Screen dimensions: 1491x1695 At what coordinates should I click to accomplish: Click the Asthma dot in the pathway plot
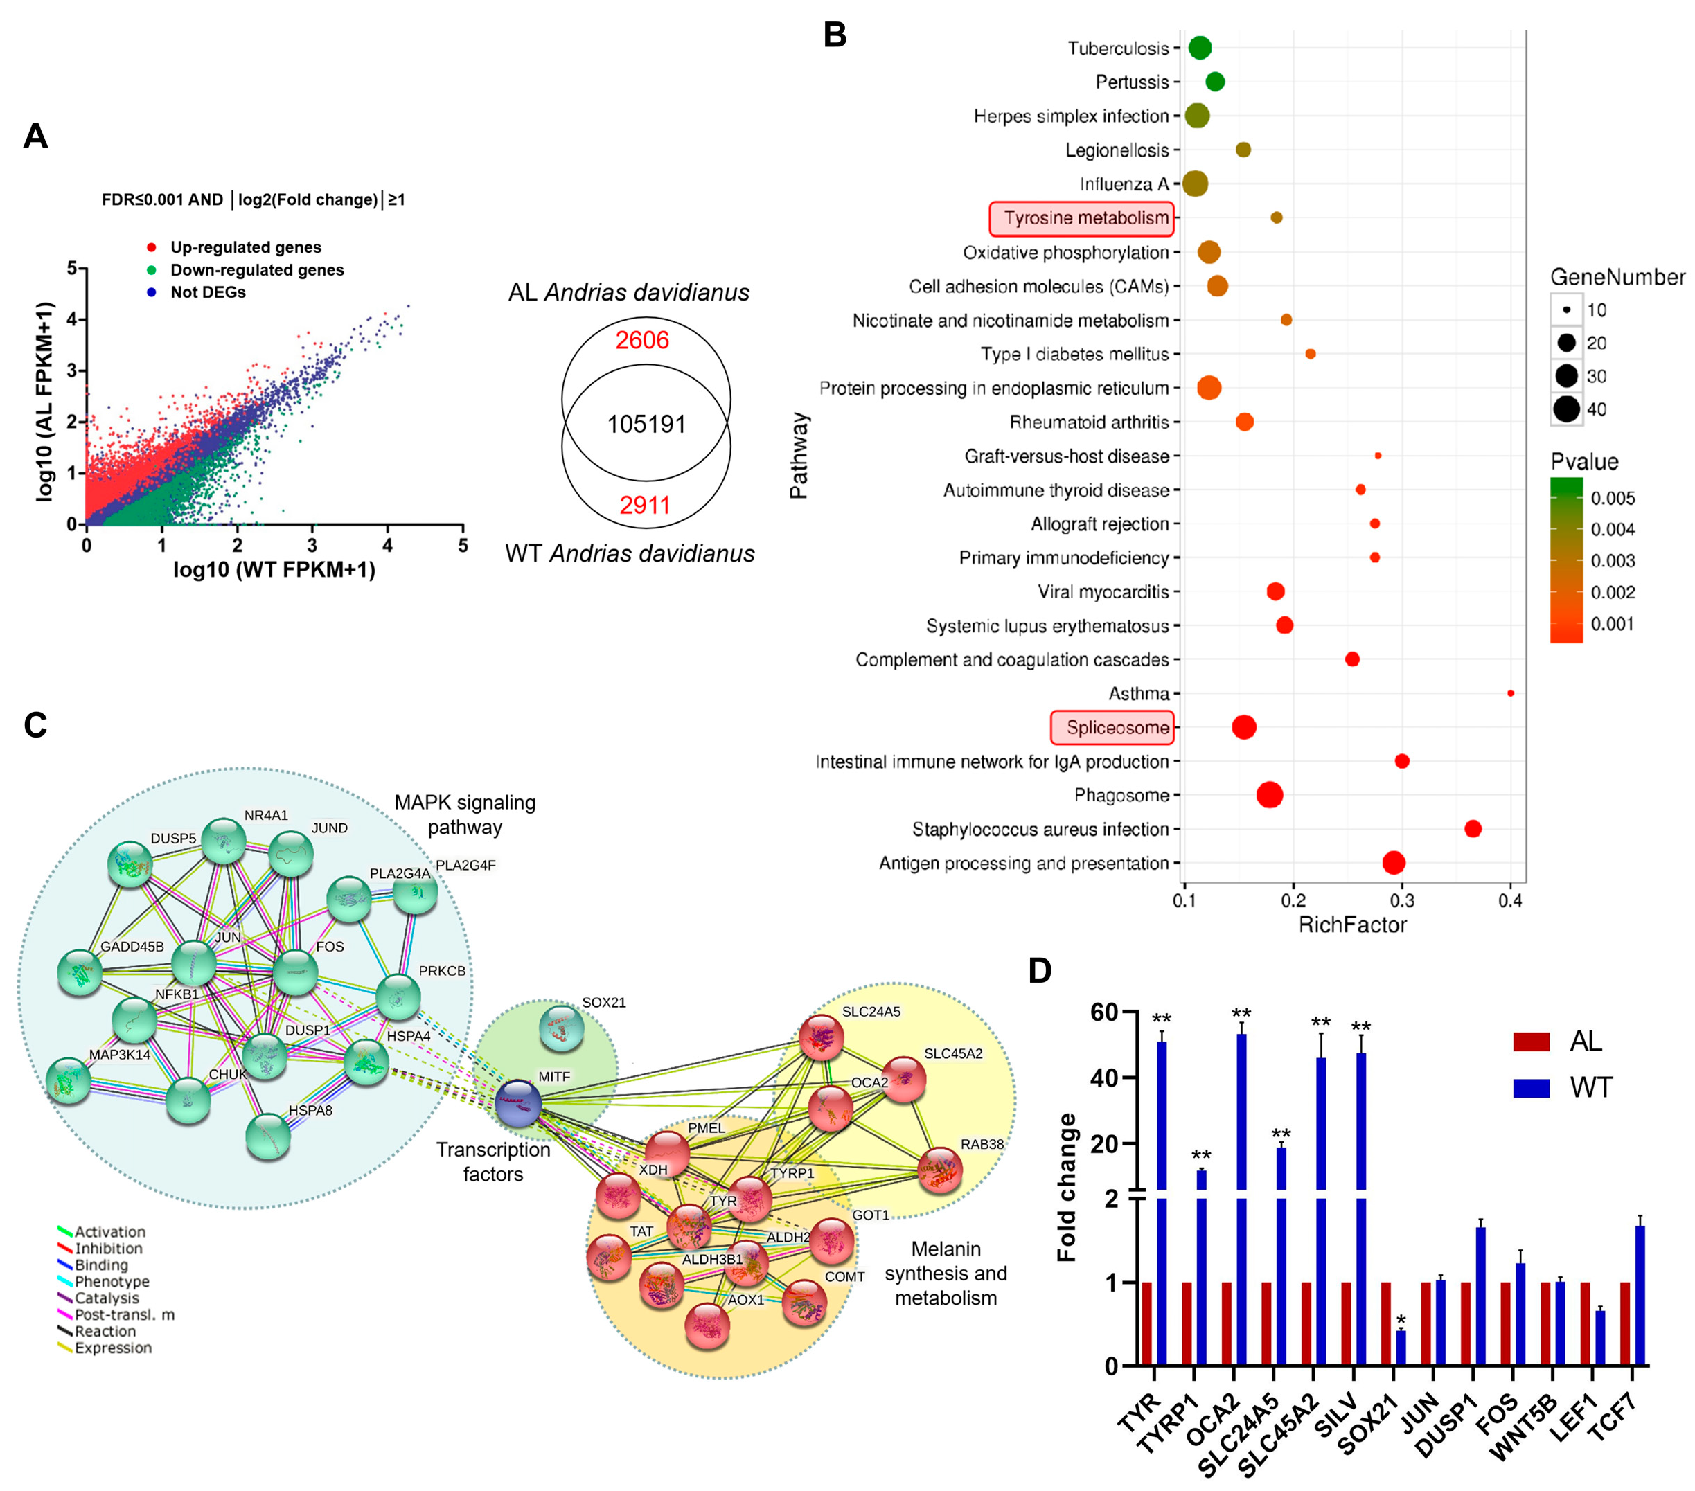pyautogui.click(x=1510, y=693)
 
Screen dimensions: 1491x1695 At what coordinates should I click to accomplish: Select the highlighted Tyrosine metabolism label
pyautogui.click(x=1081, y=218)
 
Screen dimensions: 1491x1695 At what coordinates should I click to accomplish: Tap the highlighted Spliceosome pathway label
pyautogui.click(x=1113, y=727)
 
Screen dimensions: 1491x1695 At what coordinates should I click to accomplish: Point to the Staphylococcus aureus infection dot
pyautogui.click(x=1473, y=828)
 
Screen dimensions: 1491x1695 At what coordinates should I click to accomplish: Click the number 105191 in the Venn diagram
pyautogui.click(x=646, y=425)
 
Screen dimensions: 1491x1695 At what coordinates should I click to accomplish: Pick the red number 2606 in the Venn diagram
pyautogui.click(x=642, y=340)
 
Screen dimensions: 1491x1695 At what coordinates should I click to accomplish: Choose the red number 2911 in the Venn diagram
pyautogui.click(x=644, y=505)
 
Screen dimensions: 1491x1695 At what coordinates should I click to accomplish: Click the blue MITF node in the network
pyautogui.click(x=518, y=1103)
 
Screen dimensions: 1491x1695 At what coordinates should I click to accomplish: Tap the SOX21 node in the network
pyautogui.click(x=561, y=1028)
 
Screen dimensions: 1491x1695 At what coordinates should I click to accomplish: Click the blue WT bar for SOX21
pyautogui.click(x=1401, y=1348)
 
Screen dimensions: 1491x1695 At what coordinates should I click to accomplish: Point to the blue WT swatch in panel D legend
pyautogui.click(x=1531, y=1088)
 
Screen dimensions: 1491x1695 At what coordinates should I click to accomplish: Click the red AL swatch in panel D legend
pyautogui.click(x=1531, y=1042)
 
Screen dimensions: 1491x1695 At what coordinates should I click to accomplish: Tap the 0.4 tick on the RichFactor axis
pyautogui.click(x=1510, y=900)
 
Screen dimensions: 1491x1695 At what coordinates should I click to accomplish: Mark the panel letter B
pyautogui.click(x=834, y=35)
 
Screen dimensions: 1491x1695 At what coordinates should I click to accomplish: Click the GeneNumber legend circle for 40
pyautogui.click(x=1566, y=409)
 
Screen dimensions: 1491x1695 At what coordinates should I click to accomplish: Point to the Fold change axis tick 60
pyautogui.click(x=1103, y=1012)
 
